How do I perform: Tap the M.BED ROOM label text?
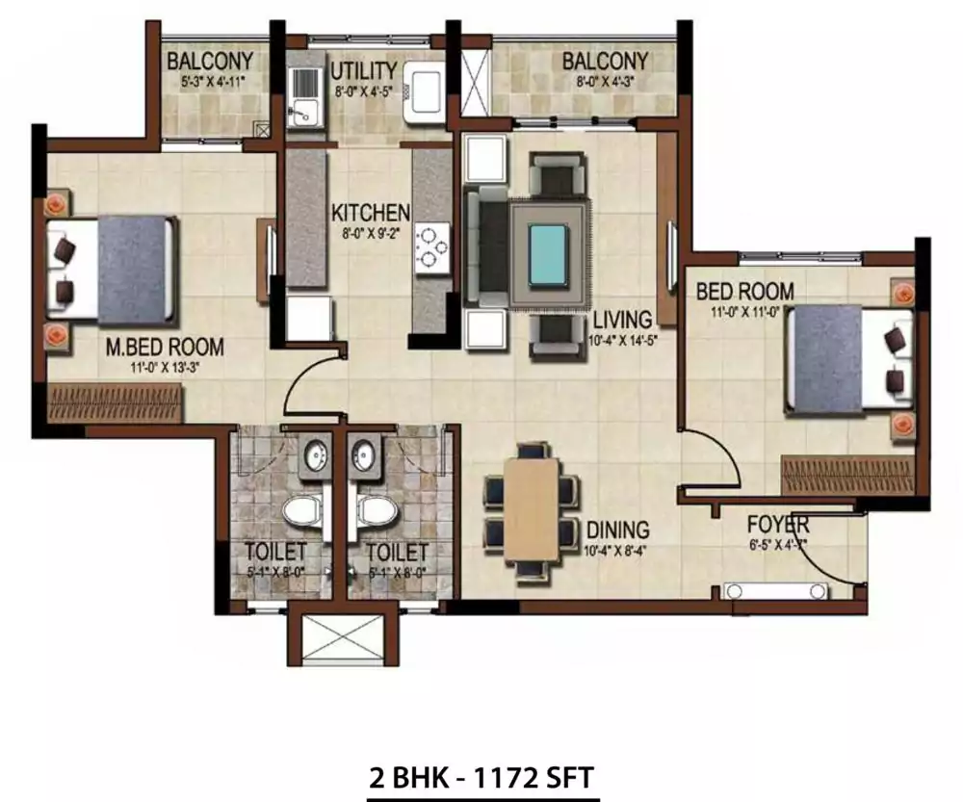pos(166,346)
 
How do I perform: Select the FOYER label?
pos(778,526)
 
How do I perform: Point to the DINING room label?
pos(616,530)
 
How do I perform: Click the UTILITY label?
pos(363,71)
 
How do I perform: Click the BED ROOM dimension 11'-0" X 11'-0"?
pos(745,311)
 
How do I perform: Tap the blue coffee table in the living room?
pos(547,250)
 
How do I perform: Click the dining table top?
pos(532,509)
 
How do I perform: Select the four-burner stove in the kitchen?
pos(431,246)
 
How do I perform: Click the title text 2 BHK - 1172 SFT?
pos(482,776)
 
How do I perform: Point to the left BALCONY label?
pos(210,62)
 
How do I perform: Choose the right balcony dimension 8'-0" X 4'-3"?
pos(606,83)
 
